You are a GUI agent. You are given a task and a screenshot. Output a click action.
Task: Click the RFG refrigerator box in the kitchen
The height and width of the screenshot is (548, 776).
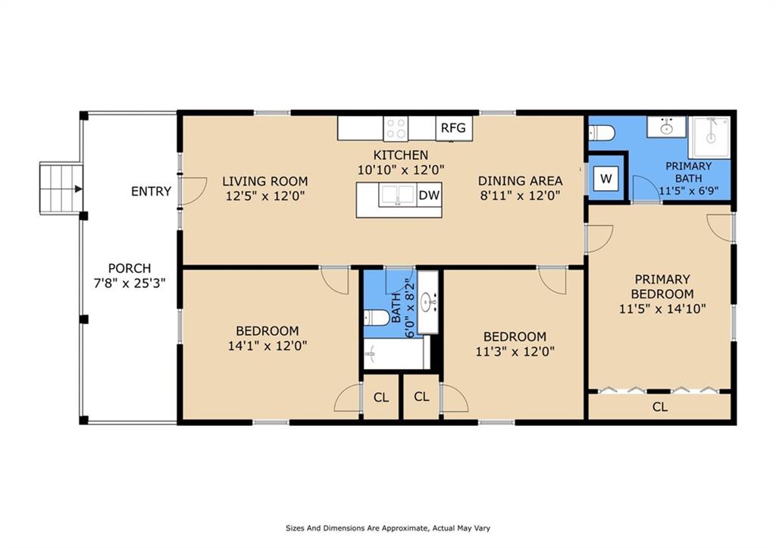(454, 128)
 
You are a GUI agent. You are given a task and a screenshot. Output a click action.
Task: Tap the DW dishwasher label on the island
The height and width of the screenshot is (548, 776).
(429, 196)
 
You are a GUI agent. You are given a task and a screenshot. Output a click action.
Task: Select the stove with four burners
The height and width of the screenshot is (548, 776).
(396, 128)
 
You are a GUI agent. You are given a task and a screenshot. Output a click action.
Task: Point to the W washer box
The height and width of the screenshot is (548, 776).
(605, 179)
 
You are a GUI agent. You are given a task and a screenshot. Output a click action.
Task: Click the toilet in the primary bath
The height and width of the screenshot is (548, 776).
(602, 134)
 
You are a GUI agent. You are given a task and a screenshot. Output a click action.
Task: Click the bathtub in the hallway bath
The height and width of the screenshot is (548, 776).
(396, 353)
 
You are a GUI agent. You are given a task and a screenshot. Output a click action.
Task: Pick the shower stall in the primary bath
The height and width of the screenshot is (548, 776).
(709, 136)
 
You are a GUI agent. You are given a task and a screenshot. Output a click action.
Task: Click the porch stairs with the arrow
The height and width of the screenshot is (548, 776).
(61, 189)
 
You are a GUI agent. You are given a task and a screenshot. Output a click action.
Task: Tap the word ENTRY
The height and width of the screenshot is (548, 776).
(151, 192)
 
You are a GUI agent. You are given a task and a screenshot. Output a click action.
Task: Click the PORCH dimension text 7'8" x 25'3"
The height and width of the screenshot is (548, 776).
(129, 283)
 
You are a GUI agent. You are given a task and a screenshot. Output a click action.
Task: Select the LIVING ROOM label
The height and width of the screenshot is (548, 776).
(264, 181)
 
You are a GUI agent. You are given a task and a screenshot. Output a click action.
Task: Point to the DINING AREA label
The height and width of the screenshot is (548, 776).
(520, 180)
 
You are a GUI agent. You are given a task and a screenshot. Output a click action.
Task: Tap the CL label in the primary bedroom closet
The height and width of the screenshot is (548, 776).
(659, 407)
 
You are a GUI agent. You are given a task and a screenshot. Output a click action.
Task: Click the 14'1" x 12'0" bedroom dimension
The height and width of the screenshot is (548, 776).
(267, 346)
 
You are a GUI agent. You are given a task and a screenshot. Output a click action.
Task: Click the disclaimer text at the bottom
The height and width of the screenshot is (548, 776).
(390, 528)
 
